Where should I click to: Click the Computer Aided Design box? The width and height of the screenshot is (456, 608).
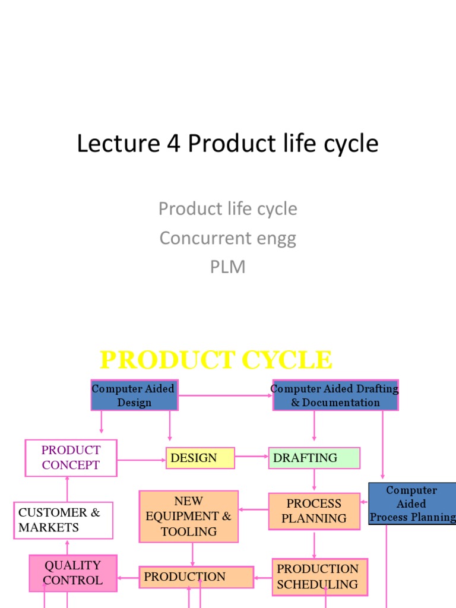coord(134,395)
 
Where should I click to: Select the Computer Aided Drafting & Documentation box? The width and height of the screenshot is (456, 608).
coord(335,395)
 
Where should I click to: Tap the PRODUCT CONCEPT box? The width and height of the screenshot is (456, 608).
coord(71,458)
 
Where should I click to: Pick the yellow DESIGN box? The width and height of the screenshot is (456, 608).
coord(200,458)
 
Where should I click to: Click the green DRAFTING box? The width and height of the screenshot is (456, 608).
coord(314,458)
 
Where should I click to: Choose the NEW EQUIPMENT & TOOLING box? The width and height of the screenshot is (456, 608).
coord(189,517)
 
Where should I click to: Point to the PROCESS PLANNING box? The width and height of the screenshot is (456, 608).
coord(314,511)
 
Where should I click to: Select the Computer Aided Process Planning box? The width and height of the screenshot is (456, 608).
coord(412,503)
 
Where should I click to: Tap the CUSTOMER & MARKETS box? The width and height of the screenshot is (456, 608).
coord(63,520)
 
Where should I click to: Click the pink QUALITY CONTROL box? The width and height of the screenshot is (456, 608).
coord(73,573)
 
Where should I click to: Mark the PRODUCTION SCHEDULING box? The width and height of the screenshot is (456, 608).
coord(320,577)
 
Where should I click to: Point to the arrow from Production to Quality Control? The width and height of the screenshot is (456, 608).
coord(128,577)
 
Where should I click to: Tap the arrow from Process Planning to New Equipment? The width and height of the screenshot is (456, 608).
coord(254,509)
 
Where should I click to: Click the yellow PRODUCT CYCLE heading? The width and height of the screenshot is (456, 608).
coord(216,360)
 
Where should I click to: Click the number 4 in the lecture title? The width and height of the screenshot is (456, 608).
coord(171,144)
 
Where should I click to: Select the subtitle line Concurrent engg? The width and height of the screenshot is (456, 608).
coord(228,238)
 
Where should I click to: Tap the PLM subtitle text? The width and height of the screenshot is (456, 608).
coord(228,267)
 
